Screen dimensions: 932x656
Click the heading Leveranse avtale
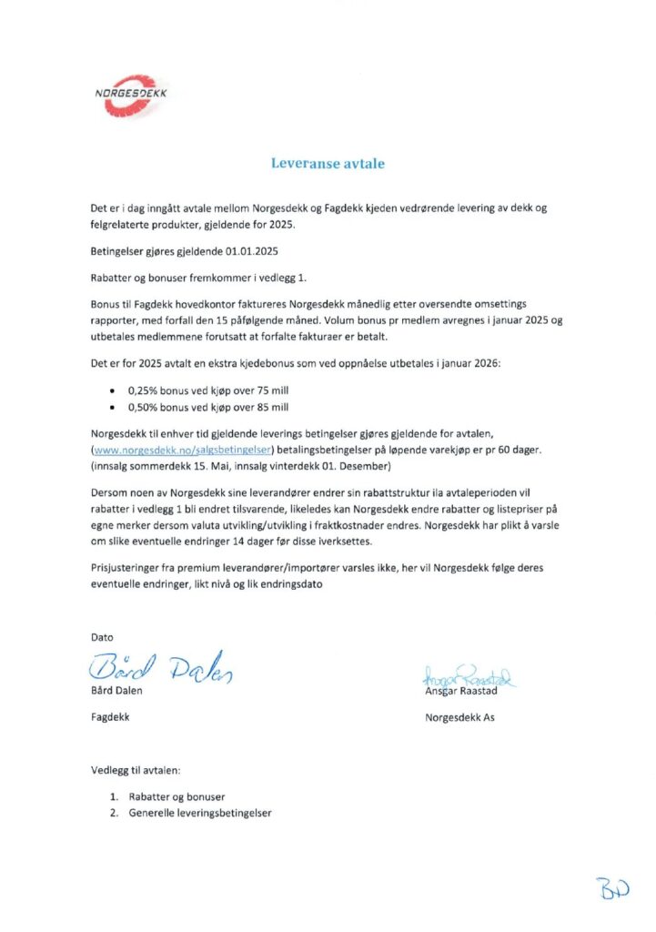(x=328, y=164)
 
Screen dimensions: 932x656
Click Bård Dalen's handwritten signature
(x=161, y=671)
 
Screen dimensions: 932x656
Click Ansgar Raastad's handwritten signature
(x=469, y=676)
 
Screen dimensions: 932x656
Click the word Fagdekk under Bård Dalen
(x=110, y=717)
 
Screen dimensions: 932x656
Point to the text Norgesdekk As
(x=460, y=717)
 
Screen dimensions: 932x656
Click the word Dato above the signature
(x=102, y=637)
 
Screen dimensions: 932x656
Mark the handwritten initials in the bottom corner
(x=614, y=888)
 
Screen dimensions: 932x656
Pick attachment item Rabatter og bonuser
(x=177, y=796)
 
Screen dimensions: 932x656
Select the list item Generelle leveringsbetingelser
(x=200, y=813)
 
